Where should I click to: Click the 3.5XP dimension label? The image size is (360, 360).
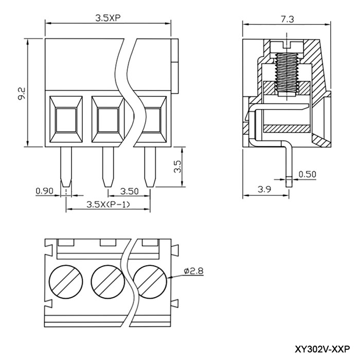(108, 18)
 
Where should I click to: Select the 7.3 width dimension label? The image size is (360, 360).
(287, 19)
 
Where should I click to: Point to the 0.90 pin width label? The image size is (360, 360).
(45, 191)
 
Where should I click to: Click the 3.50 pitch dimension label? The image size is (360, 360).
(130, 191)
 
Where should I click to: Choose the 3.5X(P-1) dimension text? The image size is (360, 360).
(108, 204)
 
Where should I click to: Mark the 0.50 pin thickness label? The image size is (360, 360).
(307, 174)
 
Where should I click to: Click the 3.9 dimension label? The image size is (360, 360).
(264, 189)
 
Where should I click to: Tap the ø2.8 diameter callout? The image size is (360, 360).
(193, 271)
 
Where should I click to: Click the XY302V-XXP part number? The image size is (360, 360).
(322, 349)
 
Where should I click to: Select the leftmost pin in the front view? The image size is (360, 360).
(66, 167)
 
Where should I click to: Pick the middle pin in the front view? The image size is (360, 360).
(108, 167)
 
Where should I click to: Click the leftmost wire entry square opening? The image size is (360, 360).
(66, 120)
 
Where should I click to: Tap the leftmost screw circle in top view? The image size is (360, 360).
(66, 281)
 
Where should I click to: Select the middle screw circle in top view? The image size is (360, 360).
(108, 281)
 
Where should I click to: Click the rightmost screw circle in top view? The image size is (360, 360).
(150, 281)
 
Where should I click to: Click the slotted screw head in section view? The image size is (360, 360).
(287, 47)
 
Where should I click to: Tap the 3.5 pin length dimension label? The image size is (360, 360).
(177, 167)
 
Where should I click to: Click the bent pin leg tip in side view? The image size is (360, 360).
(289, 184)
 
